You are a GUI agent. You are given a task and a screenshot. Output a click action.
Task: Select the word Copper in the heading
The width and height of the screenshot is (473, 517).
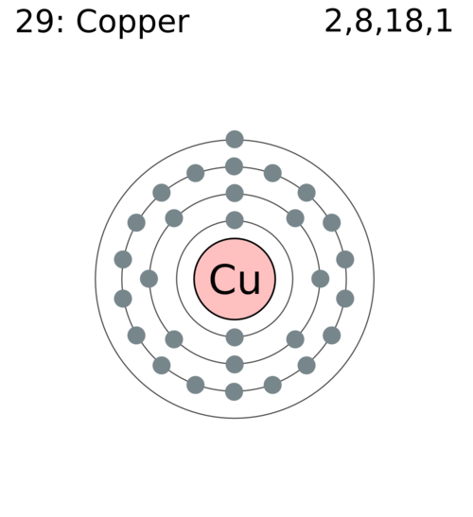132,24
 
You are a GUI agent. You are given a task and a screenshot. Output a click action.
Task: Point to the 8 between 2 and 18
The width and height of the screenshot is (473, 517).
363,21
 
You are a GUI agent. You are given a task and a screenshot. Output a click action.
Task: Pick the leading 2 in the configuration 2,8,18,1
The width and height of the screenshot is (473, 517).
334,21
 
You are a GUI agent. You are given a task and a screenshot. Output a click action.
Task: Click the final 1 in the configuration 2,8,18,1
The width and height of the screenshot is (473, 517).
444,21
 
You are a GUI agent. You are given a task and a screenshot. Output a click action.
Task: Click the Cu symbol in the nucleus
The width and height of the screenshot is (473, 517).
235,279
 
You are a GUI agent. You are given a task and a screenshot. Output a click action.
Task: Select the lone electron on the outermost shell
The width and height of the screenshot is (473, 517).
235,139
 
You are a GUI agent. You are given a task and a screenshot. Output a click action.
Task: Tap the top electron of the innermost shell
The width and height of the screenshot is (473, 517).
235,220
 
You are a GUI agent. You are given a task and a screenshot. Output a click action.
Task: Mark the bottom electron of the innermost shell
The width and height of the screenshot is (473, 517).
235,337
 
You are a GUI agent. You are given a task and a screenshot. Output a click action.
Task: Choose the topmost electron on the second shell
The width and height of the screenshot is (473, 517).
235,193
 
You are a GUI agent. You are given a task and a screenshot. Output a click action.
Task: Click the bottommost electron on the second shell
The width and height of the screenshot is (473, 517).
235,364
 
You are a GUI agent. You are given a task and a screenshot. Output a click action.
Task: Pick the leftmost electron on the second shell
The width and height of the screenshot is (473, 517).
149,279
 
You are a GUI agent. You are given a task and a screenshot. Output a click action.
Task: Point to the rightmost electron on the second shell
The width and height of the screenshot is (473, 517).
320,279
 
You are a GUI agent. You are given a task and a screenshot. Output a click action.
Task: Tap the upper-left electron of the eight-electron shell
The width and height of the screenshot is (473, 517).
174,218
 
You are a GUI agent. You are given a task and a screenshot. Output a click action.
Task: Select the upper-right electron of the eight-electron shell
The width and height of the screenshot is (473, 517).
295,218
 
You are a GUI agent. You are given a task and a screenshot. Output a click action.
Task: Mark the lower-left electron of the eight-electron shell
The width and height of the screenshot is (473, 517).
174,339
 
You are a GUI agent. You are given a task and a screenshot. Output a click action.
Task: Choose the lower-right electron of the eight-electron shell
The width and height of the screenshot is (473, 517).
295,339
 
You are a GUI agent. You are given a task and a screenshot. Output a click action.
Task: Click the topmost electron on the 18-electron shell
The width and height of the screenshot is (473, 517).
234,166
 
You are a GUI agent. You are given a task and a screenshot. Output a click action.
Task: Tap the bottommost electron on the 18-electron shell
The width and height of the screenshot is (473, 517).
234,391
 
